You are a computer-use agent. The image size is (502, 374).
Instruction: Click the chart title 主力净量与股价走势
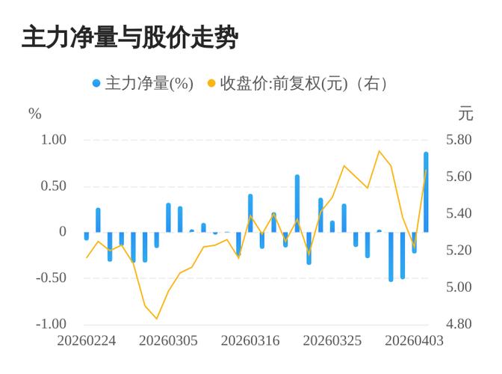point(129,37)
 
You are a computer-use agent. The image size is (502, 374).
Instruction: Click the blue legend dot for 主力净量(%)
point(96,83)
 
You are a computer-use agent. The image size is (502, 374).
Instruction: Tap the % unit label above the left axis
point(34,114)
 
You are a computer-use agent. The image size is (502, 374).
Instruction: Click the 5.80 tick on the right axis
point(459,140)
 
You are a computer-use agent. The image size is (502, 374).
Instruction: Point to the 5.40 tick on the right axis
point(459,213)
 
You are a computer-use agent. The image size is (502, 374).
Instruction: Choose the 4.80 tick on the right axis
point(459,324)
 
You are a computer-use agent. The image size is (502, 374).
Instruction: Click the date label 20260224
point(87,340)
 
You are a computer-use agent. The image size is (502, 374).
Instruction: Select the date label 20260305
point(169,340)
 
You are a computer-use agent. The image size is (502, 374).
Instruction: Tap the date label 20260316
point(251,340)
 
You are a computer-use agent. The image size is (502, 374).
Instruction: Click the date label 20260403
point(414,340)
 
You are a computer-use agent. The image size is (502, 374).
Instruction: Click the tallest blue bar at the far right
point(426,192)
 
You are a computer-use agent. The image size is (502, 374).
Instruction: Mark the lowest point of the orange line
point(157,319)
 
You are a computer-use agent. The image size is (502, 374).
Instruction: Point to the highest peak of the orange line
point(379,151)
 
